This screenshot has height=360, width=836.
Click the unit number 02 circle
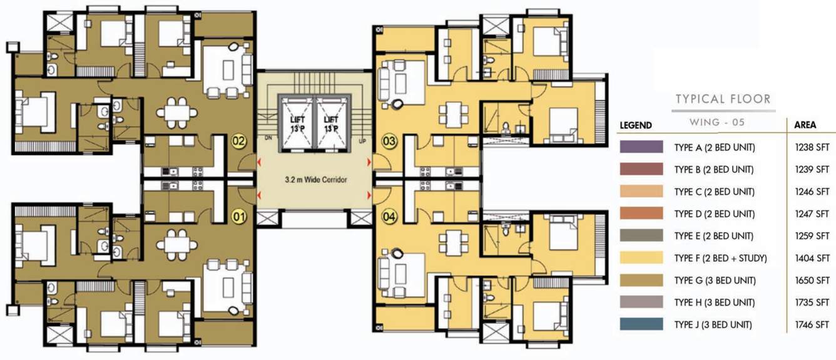[x=238, y=140]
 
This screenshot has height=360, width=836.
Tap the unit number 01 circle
[x=238, y=217]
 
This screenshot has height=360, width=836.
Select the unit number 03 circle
[x=389, y=141]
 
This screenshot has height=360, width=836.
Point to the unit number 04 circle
[x=389, y=217]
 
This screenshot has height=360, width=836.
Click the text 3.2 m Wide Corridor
[x=313, y=180]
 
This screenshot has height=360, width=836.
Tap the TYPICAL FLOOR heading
[x=723, y=99]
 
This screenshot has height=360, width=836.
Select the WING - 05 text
[x=721, y=123]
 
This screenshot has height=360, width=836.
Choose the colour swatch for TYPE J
[x=641, y=324]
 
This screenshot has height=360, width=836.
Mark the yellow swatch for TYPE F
[x=641, y=258]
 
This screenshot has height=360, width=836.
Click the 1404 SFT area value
[x=812, y=258]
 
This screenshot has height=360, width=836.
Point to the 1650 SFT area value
[x=812, y=280]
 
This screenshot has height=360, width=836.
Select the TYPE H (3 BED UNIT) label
[x=714, y=302]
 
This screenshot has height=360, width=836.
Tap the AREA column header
[x=805, y=125]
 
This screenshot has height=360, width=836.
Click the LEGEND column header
[x=636, y=125]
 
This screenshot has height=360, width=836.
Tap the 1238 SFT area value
[x=812, y=148]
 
